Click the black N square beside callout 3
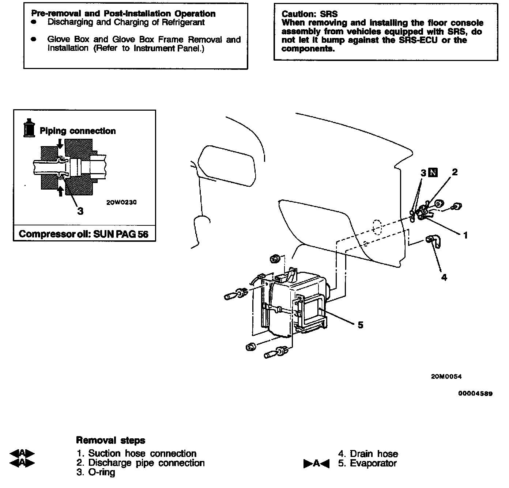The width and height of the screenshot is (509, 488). (x=433, y=172)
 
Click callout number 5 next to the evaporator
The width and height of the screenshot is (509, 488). (x=361, y=325)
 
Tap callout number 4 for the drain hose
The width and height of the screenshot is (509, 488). (x=444, y=278)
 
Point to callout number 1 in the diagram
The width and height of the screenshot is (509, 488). (x=465, y=236)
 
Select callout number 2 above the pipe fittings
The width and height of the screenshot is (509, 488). (x=455, y=172)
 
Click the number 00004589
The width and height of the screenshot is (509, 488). (x=475, y=394)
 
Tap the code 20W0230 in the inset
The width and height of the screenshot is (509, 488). (x=121, y=202)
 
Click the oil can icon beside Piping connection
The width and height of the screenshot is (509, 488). (x=29, y=128)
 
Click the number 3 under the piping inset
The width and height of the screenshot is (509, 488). (x=80, y=211)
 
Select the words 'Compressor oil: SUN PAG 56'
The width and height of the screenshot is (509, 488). (x=84, y=234)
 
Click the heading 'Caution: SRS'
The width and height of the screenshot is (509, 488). (x=309, y=14)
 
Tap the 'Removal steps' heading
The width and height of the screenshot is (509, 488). (x=110, y=440)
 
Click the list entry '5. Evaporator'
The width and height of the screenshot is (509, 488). (x=367, y=464)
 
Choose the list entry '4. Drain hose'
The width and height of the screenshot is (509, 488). (x=368, y=454)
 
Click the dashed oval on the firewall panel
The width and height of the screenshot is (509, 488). (x=376, y=227)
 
